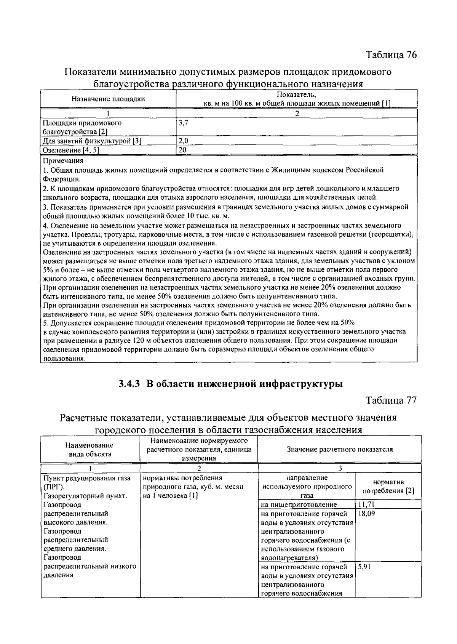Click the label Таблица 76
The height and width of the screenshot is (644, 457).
pyautogui.click(x=391, y=55)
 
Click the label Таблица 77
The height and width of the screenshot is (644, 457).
pyautogui.click(x=391, y=400)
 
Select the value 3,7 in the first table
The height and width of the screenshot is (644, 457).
pyautogui.click(x=184, y=123)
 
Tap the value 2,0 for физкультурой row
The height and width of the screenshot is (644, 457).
pyautogui.click(x=184, y=141)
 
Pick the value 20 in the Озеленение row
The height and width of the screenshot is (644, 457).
pyautogui.click(x=182, y=150)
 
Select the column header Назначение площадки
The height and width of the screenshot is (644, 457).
pyautogui.click(x=108, y=99)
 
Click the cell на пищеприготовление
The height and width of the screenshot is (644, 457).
pyautogui.click(x=299, y=505)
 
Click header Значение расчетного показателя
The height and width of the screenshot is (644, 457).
pyautogui.click(x=339, y=449)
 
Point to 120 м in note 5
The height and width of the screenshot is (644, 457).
pyautogui.click(x=140, y=340)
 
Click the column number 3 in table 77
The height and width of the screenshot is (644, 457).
pyautogui.click(x=340, y=468)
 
